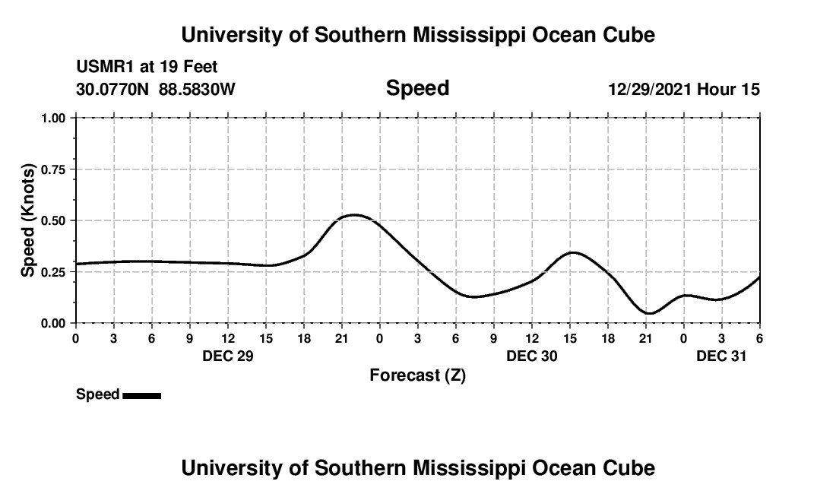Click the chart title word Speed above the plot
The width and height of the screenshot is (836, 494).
(x=417, y=88)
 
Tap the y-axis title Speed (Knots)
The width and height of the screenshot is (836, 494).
(x=28, y=220)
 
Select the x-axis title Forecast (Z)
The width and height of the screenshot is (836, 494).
(x=417, y=375)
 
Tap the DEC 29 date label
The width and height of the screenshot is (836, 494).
(x=227, y=355)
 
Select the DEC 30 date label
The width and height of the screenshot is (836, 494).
(x=531, y=355)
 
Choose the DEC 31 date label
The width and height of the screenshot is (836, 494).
(x=721, y=355)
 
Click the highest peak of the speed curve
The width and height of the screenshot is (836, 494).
(x=353, y=215)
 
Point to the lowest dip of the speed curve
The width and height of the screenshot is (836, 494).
(x=648, y=313)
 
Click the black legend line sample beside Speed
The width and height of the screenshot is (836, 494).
(x=141, y=395)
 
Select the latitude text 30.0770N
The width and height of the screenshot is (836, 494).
(x=114, y=89)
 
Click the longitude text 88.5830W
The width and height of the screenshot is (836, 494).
(x=197, y=89)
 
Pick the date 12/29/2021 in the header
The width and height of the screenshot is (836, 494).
(x=650, y=89)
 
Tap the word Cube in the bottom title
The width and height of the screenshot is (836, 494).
(x=631, y=468)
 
